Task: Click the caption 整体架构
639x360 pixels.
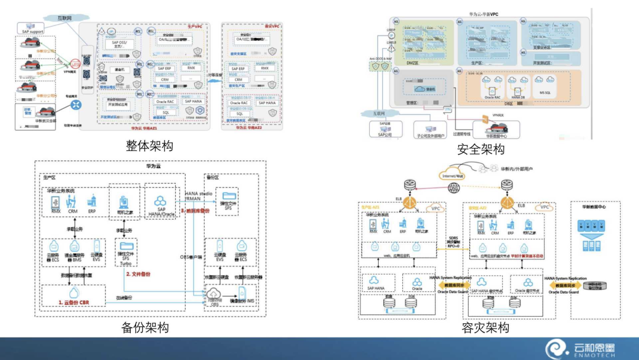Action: [149, 146]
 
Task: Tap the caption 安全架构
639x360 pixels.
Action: [481, 149]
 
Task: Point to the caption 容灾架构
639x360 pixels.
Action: [485, 327]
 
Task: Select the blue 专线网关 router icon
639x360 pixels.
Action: [76, 105]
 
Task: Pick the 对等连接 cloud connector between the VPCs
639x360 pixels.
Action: [214, 75]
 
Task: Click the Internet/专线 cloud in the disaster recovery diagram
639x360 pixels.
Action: [452, 175]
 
